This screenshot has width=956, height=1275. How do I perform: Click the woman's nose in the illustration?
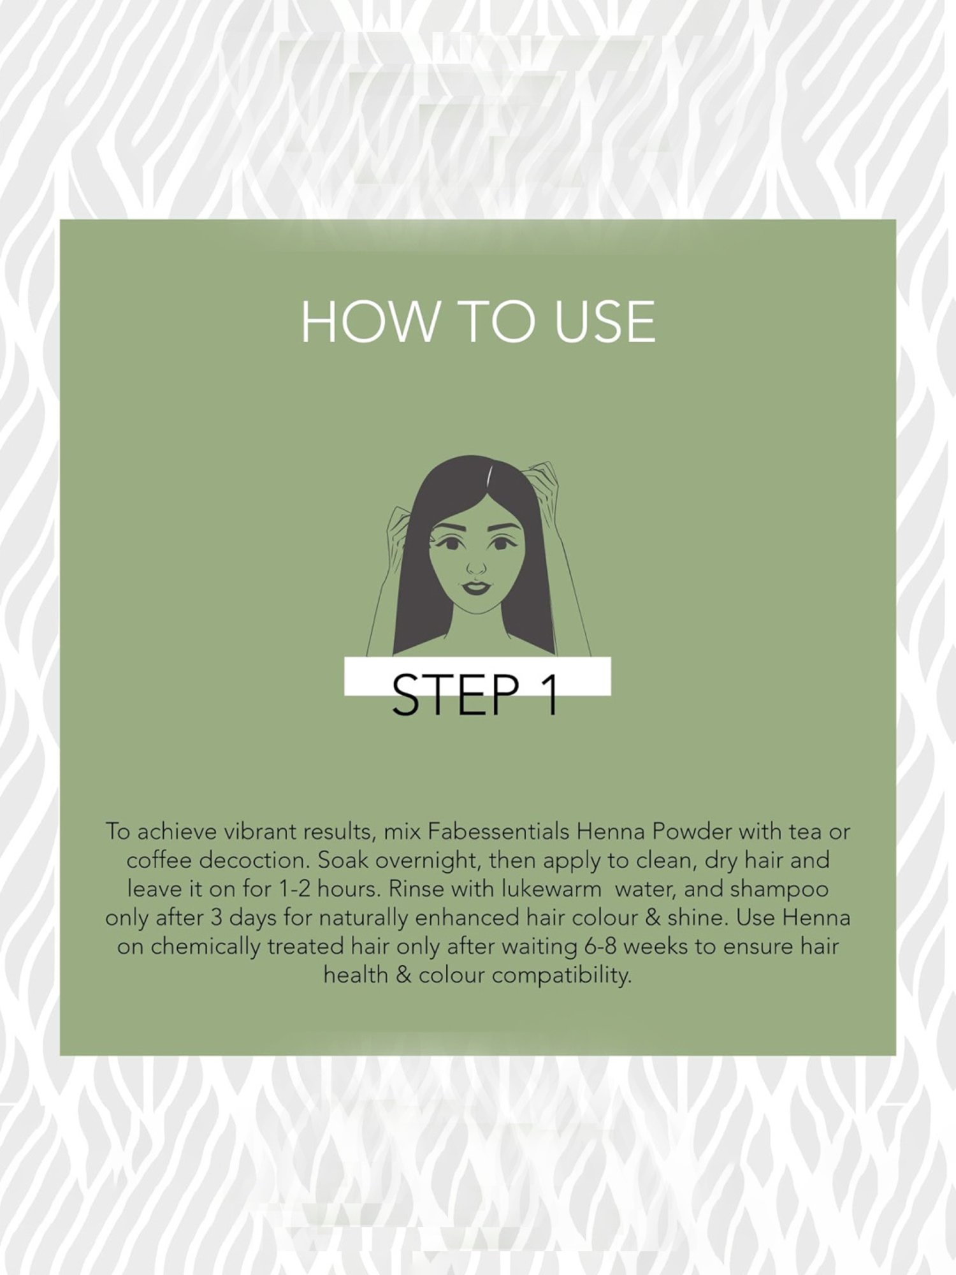[x=476, y=565]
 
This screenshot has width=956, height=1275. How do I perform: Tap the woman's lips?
[x=475, y=587]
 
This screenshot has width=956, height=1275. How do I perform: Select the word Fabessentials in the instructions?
[x=498, y=831]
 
